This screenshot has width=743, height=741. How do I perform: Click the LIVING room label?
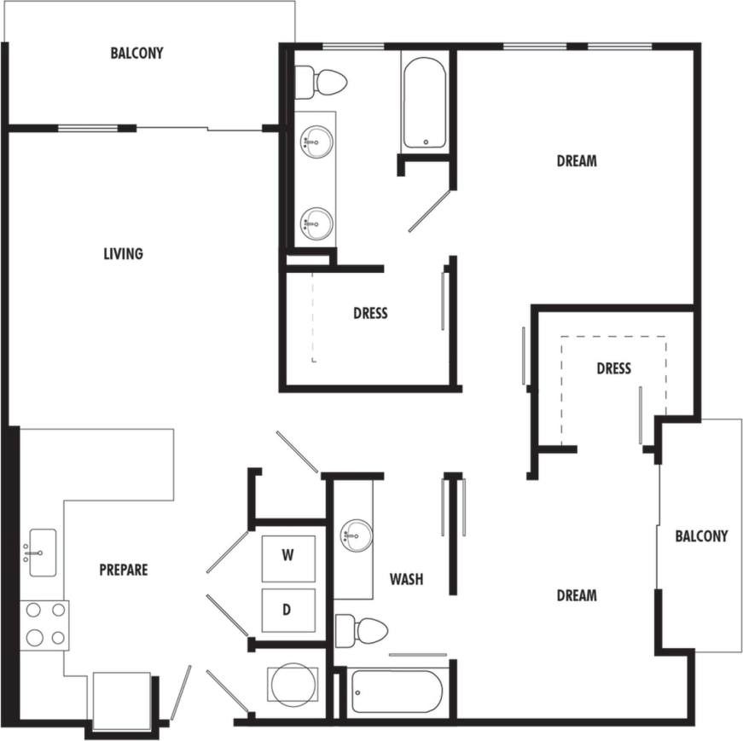pyautogui.click(x=123, y=253)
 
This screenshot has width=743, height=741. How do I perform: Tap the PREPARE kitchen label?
pyautogui.click(x=123, y=570)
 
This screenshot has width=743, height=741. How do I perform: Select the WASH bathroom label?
pyautogui.click(x=406, y=580)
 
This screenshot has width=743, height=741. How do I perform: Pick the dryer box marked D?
pyautogui.click(x=288, y=610)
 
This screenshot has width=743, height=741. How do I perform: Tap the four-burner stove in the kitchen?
pyautogui.click(x=44, y=624)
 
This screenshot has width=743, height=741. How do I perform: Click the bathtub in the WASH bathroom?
pyautogui.click(x=396, y=691)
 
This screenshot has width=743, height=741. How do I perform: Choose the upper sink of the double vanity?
pyautogui.click(x=316, y=142)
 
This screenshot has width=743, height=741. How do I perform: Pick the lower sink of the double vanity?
pyautogui.click(x=316, y=225)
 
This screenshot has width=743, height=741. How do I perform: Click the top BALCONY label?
pyautogui.click(x=136, y=53)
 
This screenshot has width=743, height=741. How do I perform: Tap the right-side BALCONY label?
pyautogui.click(x=701, y=536)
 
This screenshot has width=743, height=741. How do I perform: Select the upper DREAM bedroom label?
pyautogui.click(x=577, y=160)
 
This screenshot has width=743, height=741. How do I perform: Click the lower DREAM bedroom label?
pyautogui.click(x=577, y=595)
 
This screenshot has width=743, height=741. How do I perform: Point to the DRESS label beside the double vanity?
pyautogui.click(x=370, y=313)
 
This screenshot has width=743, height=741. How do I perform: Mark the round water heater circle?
pyautogui.click(x=293, y=683)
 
